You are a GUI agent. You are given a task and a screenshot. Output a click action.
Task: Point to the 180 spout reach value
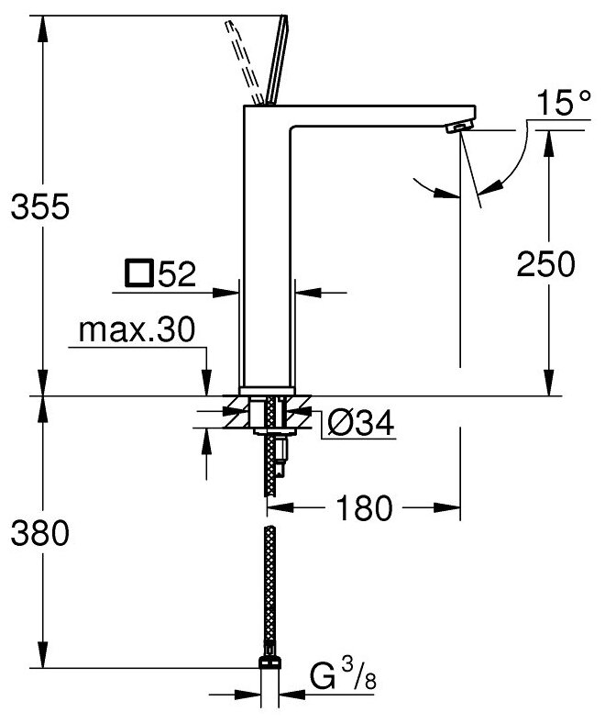click(x=365, y=508)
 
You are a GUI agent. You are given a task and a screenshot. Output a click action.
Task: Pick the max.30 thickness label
click(x=137, y=331)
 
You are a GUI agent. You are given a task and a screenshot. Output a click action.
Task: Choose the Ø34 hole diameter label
click(x=360, y=423)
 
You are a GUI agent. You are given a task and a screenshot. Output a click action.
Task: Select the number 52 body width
click(x=176, y=274)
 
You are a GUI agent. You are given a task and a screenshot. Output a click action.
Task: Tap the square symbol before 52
click(x=138, y=273)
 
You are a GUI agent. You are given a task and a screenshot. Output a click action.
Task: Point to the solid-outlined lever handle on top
click(x=274, y=61)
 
